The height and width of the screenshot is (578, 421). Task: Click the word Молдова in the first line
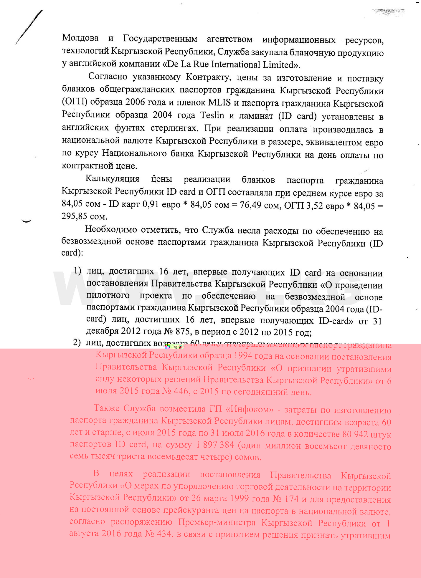click(x=80, y=38)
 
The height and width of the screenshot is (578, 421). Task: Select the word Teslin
click(x=212, y=115)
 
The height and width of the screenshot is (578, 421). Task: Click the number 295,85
click(x=74, y=216)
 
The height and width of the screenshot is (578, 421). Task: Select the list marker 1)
click(x=77, y=270)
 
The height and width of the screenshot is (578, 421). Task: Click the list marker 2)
click(x=77, y=342)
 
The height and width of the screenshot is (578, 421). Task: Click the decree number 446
click(x=181, y=391)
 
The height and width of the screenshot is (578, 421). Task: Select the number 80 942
click(x=355, y=434)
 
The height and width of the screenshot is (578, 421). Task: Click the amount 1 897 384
click(x=215, y=445)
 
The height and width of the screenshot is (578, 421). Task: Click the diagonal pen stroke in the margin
click(x=29, y=27)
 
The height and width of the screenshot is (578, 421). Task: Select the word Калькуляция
click(x=112, y=179)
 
